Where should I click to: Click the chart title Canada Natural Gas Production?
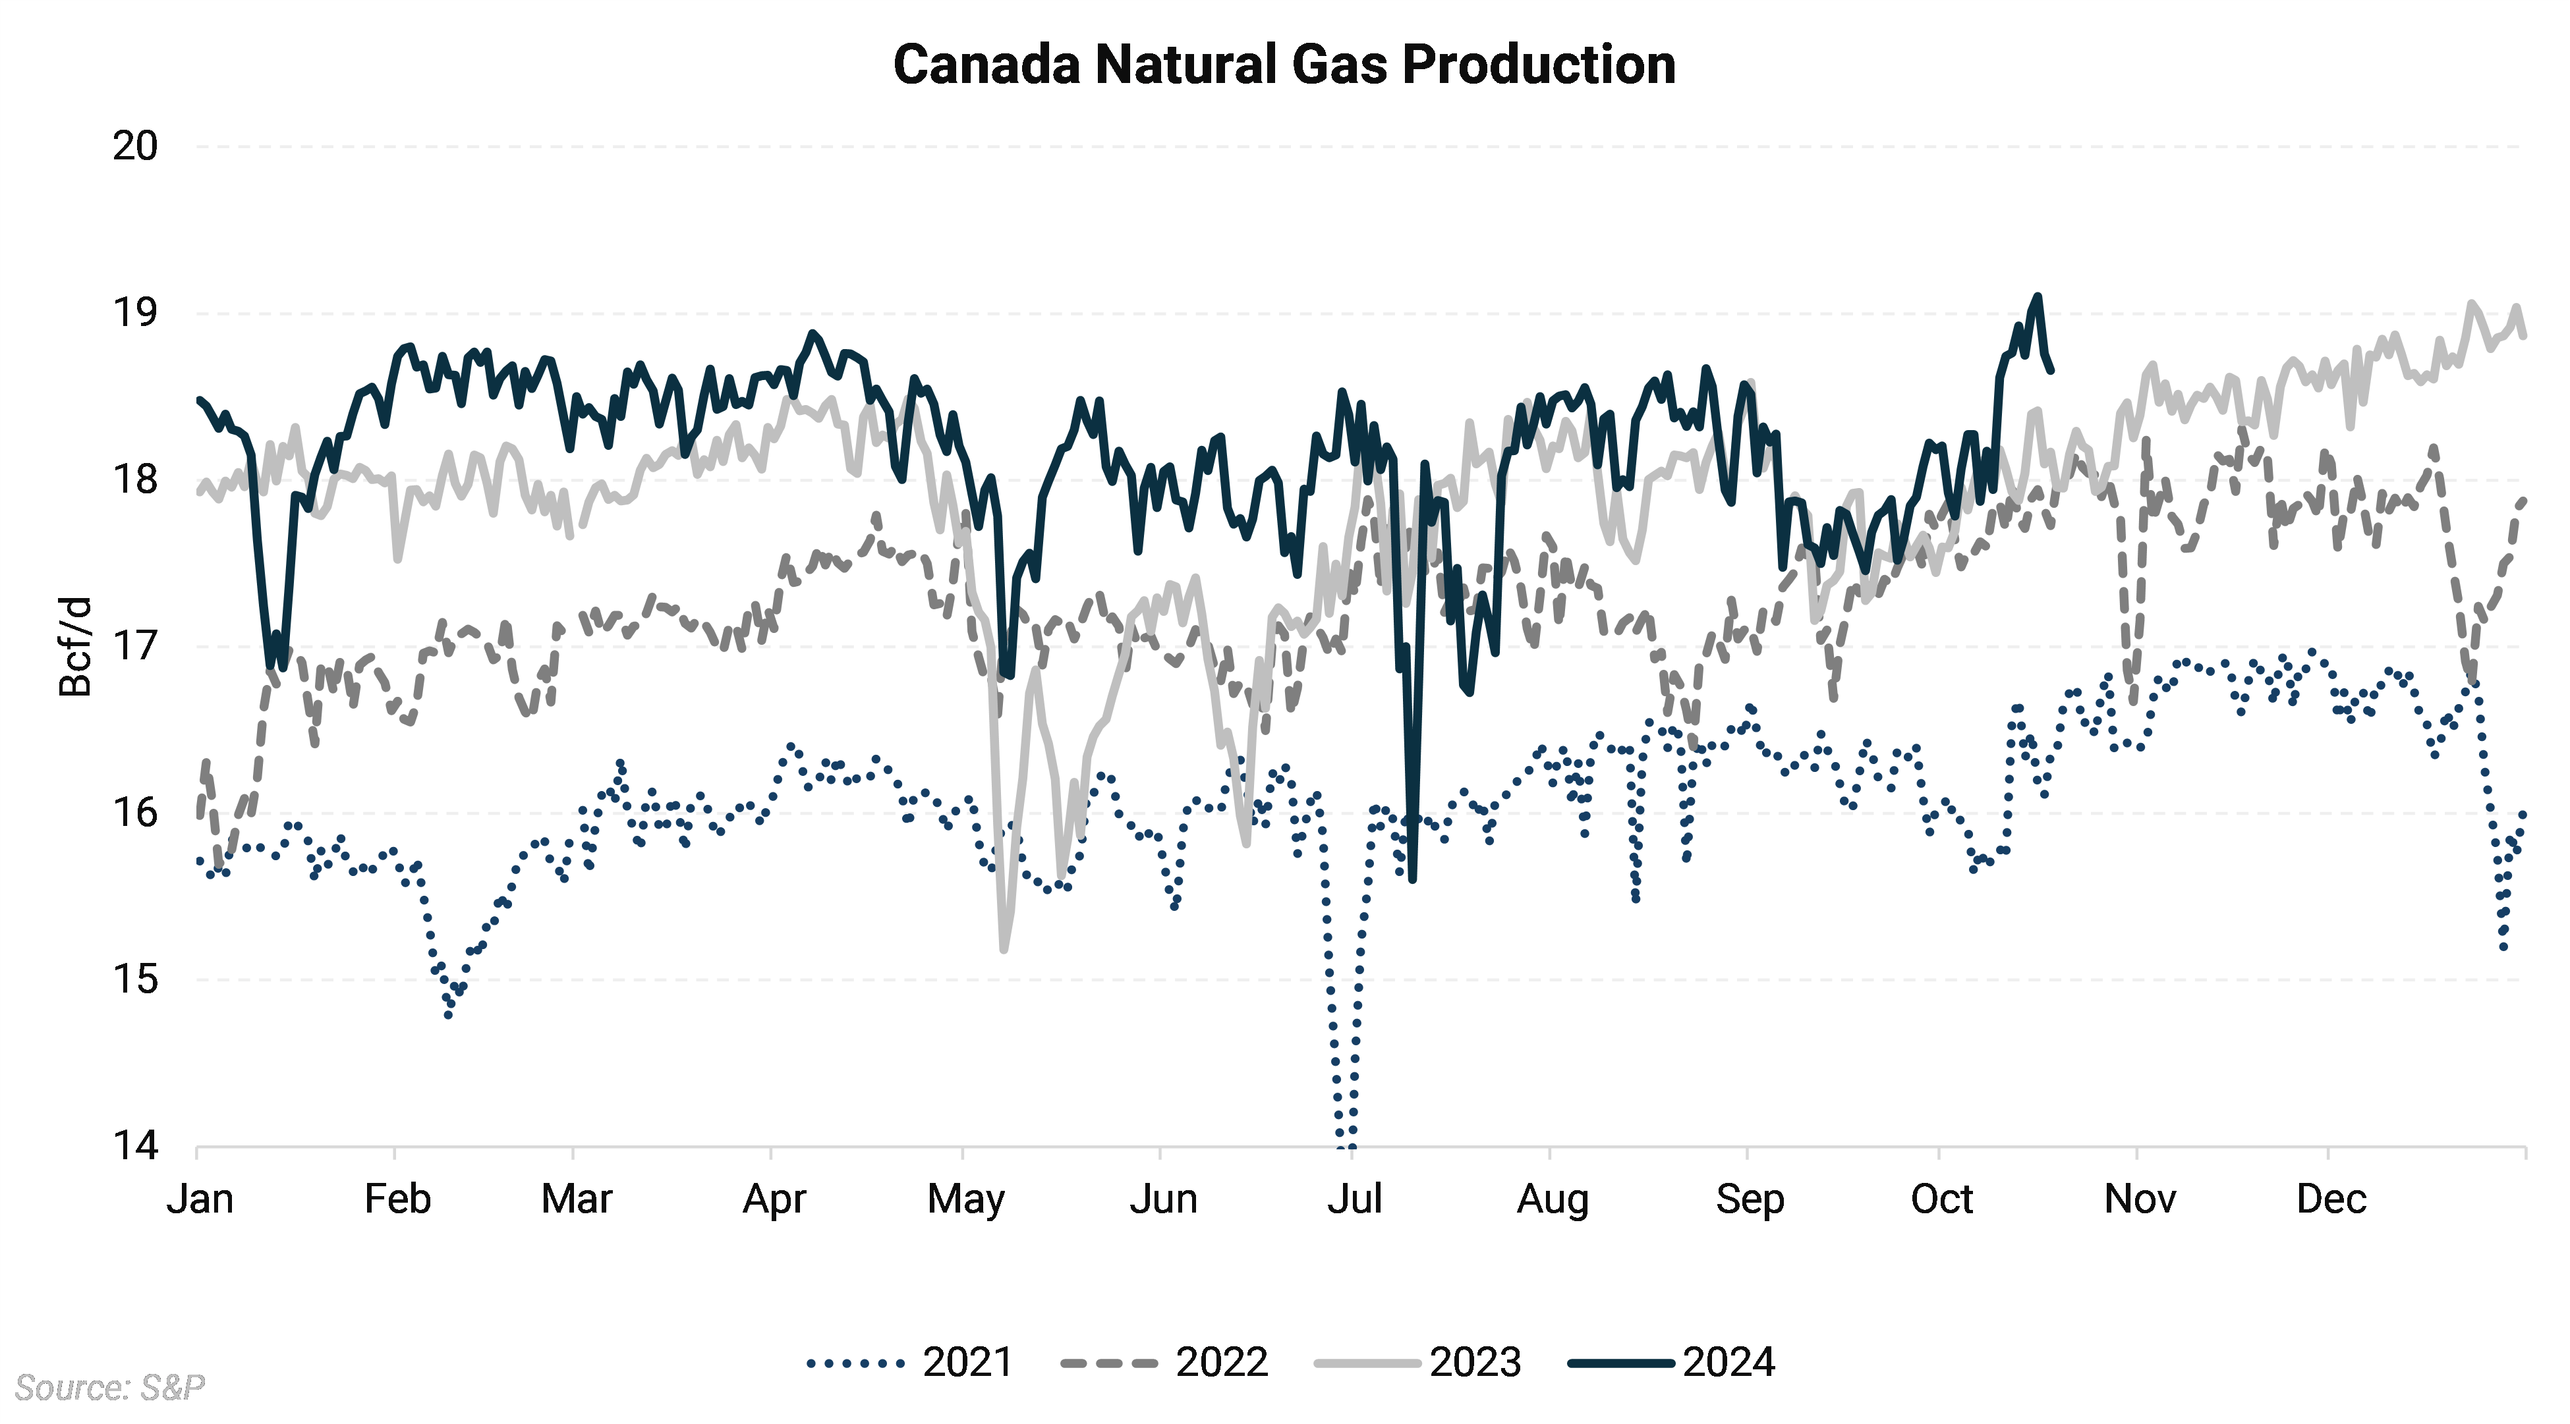pyautogui.click(x=1284, y=65)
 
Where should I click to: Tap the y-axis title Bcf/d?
pyautogui.click(x=76, y=646)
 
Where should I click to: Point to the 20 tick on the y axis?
pyautogui.click(x=134, y=147)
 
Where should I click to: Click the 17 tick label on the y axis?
pyautogui.click(x=134, y=646)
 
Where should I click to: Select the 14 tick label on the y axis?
pyautogui.click(x=134, y=1146)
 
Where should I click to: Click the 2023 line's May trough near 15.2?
pyautogui.click(x=1004, y=949)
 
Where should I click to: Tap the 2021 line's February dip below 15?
pyautogui.click(x=448, y=1014)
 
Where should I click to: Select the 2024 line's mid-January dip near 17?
pyautogui.click(x=270, y=664)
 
